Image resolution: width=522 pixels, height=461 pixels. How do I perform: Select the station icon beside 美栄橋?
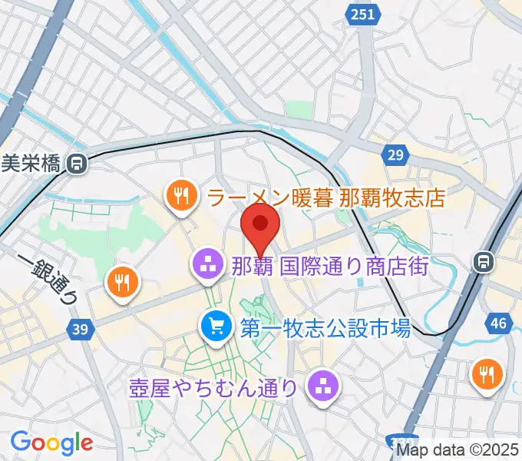coord(77,162)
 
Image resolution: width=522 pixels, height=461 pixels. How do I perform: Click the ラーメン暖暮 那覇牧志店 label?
coord(325,199)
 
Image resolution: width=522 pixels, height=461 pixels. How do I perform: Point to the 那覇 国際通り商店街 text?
coord(331,267)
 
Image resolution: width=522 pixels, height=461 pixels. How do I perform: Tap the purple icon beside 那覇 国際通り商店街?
coord(206,266)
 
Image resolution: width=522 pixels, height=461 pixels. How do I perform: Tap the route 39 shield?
coord(78,330)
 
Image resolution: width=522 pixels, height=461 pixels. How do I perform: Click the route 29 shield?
coord(395,156)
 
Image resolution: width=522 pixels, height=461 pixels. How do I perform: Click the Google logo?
coord(51,443)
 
